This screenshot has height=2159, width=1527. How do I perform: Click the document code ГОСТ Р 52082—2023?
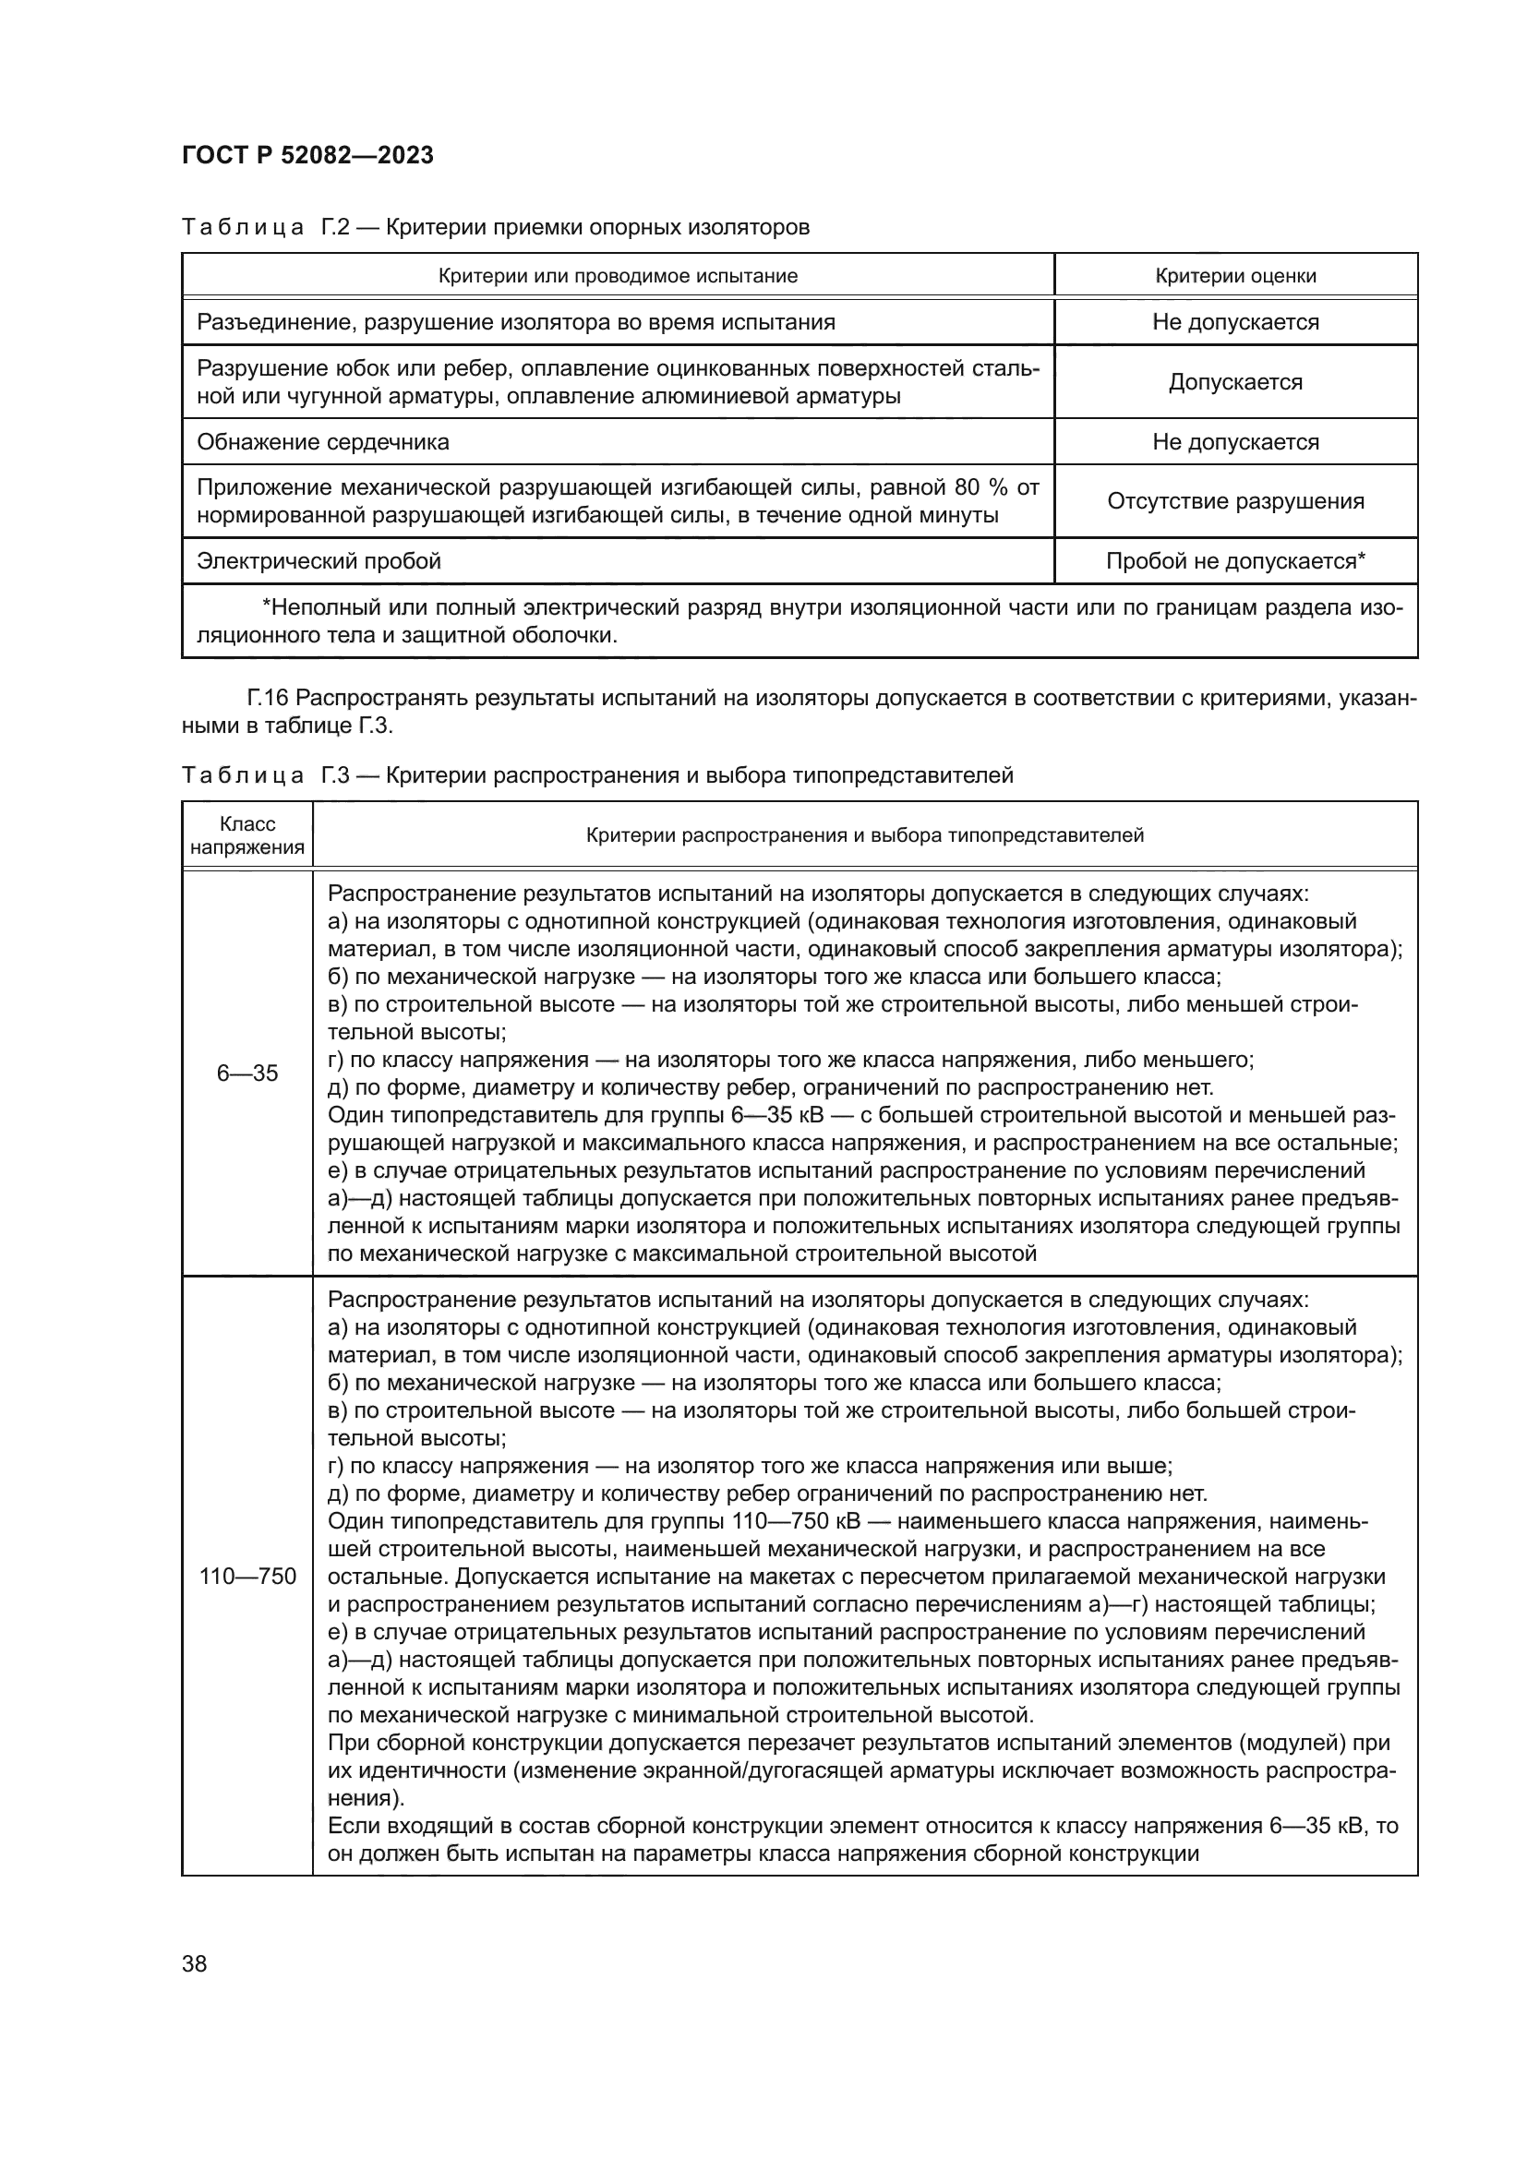307,155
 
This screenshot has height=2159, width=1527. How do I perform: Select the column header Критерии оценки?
1234,275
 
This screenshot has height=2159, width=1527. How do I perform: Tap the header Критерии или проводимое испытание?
618,275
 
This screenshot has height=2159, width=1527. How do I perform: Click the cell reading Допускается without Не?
1234,382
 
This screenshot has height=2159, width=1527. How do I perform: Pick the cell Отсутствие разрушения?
1234,501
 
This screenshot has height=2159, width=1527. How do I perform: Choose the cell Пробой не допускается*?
1234,561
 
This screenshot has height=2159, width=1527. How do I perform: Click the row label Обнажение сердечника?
322,442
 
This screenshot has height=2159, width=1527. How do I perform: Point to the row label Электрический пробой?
319,561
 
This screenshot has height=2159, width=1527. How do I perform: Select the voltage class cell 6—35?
247,1073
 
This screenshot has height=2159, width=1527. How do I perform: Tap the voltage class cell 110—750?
247,1576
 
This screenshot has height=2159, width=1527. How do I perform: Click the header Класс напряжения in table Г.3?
247,835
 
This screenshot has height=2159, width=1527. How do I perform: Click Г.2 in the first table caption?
336,227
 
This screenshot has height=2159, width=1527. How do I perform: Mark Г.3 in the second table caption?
336,775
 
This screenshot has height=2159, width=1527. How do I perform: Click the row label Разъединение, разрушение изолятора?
515,322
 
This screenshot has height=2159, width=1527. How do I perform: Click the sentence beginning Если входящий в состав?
862,1826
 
